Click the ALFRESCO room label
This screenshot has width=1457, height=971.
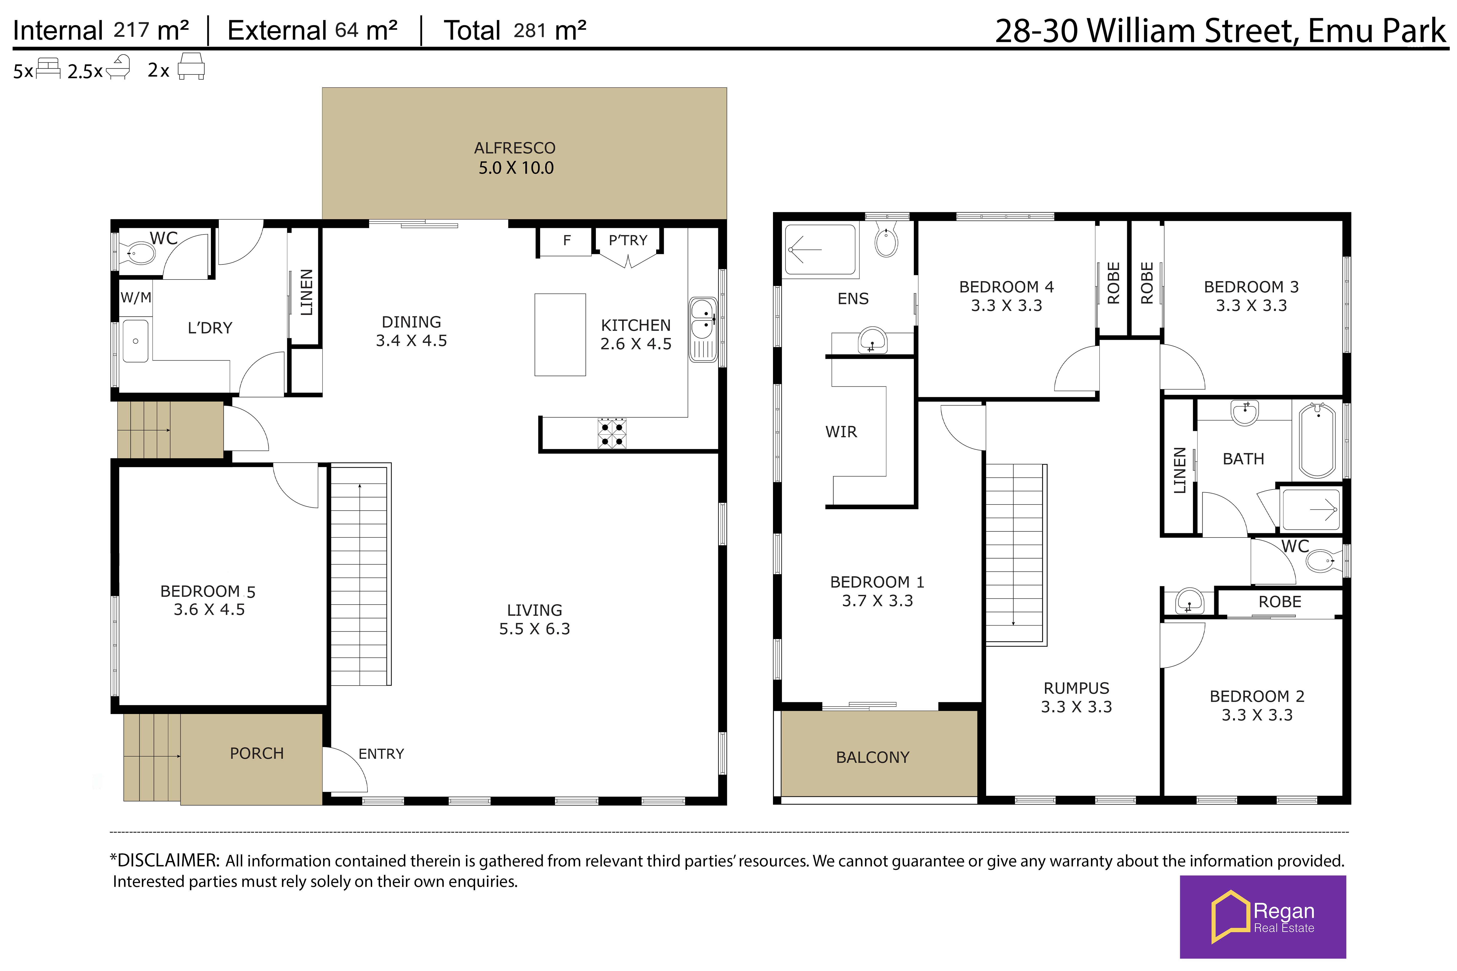point(514,148)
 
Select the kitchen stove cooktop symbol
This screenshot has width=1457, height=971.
point(611,433)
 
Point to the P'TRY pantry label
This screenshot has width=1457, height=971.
point(628,240)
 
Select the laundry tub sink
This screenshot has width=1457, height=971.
point(135,341)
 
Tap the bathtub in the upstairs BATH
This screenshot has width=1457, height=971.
point(1317,440)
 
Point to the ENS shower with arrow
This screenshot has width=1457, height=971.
point(820,250)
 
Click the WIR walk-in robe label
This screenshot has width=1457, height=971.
point(841,432)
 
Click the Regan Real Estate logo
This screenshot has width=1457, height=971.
point(1263,917)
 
